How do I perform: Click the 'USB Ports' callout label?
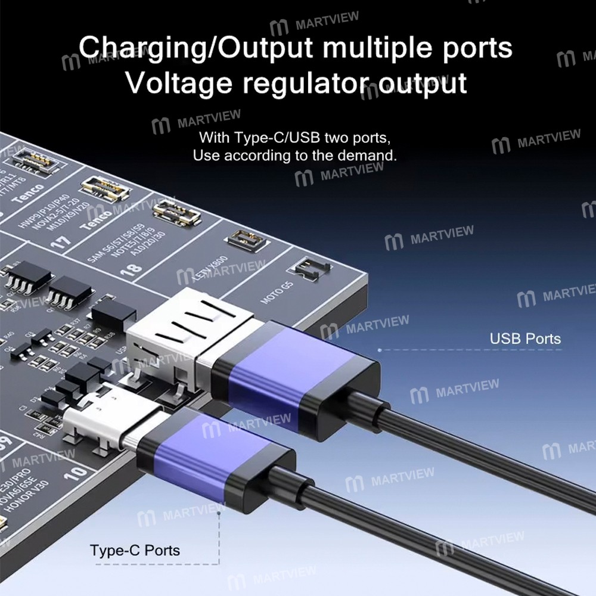tap(525, 339)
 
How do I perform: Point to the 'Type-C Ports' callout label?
tap(135, 550)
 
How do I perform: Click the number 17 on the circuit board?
tap(63, 241)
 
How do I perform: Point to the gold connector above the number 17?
tap(106, 188)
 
